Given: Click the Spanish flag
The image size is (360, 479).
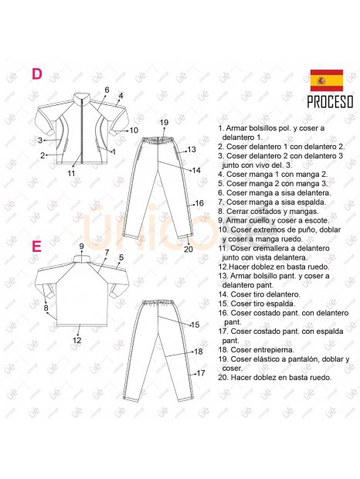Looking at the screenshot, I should [326, 80].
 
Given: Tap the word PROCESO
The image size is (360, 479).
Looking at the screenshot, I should [330, 102].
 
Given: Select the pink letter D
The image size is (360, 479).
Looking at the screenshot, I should [36, 74].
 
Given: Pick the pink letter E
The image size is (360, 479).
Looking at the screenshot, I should [36, 246].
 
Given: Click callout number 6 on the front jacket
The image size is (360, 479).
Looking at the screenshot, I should [107, 90].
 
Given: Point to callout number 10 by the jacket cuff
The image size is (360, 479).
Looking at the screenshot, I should [134, 131].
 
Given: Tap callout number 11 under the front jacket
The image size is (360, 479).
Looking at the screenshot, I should [70, 174].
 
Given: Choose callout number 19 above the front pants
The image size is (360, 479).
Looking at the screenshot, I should [164, 123].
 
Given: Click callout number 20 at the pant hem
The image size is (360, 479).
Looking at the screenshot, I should [188, 249].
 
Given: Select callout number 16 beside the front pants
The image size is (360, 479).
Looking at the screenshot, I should [199, 203].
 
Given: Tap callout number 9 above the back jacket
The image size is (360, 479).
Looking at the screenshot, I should [81, 246].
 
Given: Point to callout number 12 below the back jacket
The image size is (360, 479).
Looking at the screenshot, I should [76, 339].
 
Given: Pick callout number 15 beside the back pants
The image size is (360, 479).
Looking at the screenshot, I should [195, 324].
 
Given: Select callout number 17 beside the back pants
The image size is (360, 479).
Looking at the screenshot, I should [200, 373].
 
